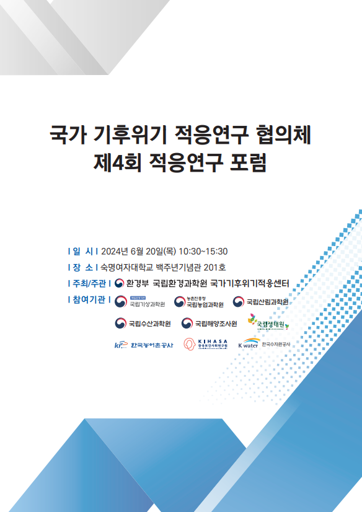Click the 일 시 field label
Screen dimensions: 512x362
click(x=83, y=251)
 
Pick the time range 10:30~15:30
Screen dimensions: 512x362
click(x=203, y=251)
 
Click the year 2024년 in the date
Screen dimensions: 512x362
click(x=114, y=251)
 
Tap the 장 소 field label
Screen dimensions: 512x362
click(x=83, y=267)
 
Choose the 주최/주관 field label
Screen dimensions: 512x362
click(x=89, y=284)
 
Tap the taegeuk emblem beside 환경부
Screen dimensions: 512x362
click(x=119, y=284)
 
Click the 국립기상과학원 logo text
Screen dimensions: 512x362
click(x=147, y=304)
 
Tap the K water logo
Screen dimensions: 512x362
click(x=248, y=344)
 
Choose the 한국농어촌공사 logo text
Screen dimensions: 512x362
click(x=152, y=345)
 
